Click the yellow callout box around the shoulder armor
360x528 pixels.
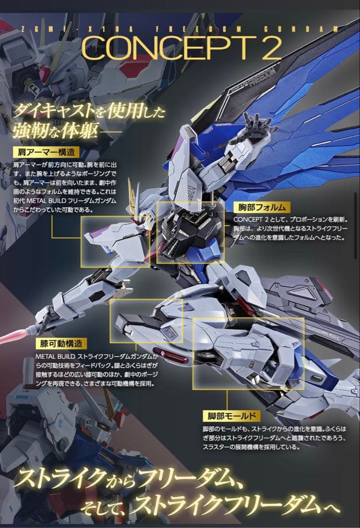coord(116,242)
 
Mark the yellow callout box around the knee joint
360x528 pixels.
coord(146,321)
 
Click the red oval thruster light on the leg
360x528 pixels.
coord(170,355)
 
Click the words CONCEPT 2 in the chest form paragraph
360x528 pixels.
coord(252,220)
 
